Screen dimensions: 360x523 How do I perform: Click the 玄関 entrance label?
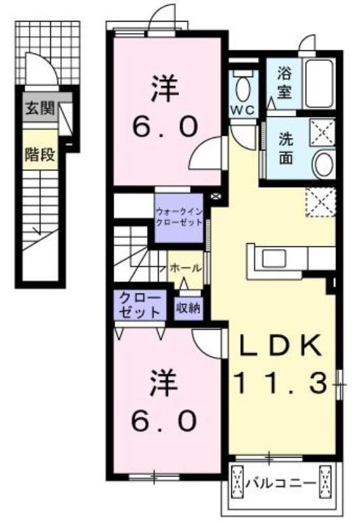pyautogui.click(x=40, y=109)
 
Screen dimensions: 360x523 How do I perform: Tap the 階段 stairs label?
pyautogui.click(x=40, y=154)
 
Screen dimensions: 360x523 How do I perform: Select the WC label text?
pyautogui.click(x=243, y=109)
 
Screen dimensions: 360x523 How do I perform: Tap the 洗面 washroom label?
pyautogui.click(x=286, y=148)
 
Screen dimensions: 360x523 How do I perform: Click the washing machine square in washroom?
pyautogui.click(x=323, y=132)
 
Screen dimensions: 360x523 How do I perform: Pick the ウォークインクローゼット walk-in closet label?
pyautogui.click(x=179, y=216)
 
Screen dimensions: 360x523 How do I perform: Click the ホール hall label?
pyautogui.click(x=186, y=267)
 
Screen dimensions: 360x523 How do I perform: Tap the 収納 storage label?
pyautogui.click(x=188, y=308)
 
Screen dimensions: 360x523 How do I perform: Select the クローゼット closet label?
pyautogui.click(x=140, y=304)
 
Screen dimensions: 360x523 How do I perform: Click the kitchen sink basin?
pyautogui.click(x=274, y=258)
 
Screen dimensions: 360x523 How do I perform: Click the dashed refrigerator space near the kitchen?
pyautogui.click(x=320, y=202)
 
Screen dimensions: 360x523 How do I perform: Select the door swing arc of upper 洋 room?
pyautogui.click(x=206, y=152)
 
